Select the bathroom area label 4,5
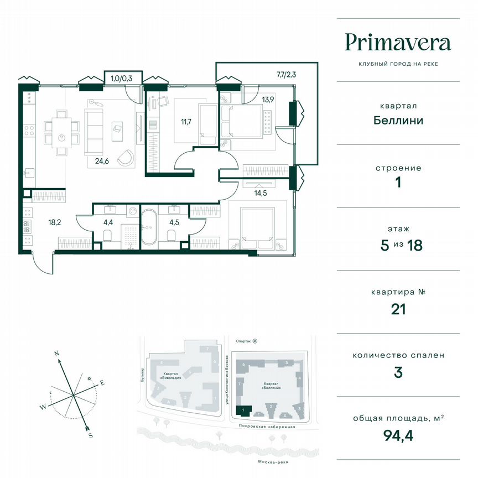pos(173,224)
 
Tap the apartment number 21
pos(398,309)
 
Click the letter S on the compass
pos(90,435)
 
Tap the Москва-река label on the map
pos(266,463)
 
